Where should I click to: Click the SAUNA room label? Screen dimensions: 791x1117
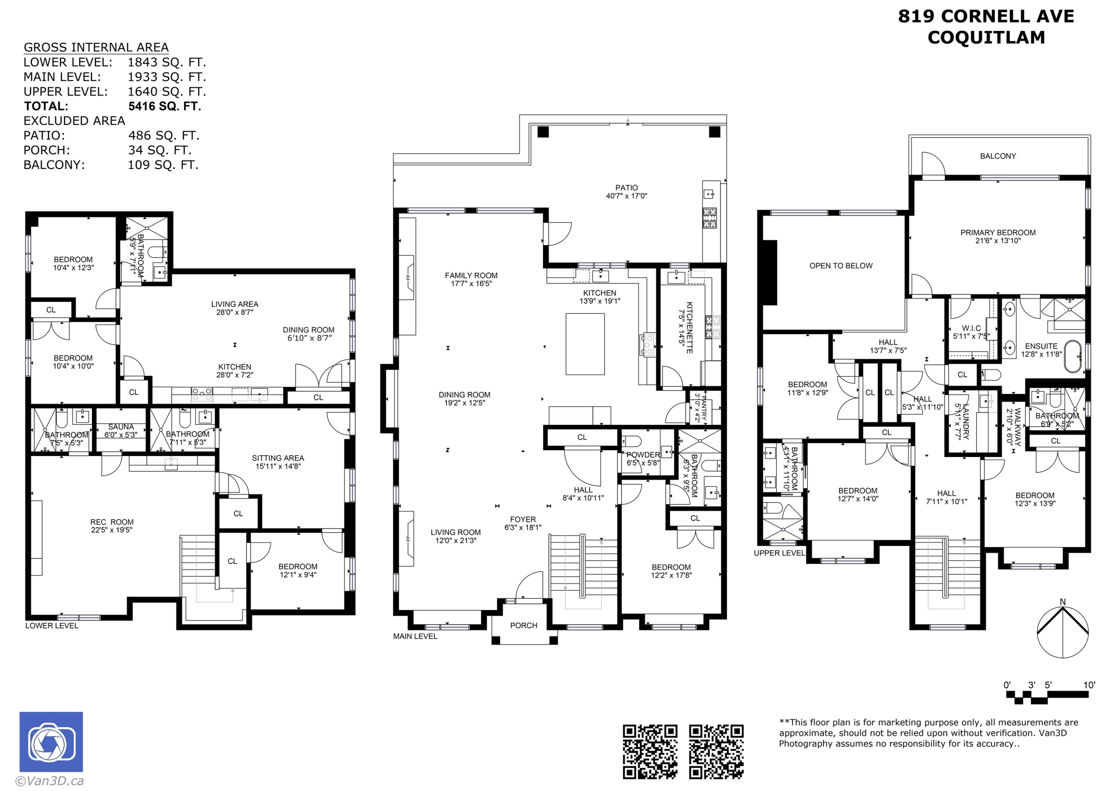[121, 427]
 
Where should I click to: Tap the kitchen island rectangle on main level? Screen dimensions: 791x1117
[585, 344]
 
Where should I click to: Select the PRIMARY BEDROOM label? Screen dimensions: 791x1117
[997, 233]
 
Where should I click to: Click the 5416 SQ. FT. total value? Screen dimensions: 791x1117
[165, 106]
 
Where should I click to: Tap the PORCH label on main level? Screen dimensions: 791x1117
[524, 625]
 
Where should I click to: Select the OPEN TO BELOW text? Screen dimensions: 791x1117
[841, 266]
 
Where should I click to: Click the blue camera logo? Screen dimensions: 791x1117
[51, 742]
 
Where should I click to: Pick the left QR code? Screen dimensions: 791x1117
[650, 752]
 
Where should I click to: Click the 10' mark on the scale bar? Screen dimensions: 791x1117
[1089, 685]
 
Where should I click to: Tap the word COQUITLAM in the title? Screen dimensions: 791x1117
[986, 38]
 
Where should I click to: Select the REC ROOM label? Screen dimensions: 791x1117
[112, 522]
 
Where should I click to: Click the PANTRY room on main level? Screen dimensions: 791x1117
[700, 408]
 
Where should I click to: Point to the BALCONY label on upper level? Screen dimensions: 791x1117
[997, 156]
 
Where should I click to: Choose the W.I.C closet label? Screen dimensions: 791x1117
[971, 328]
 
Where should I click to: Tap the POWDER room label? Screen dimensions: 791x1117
[643, 455]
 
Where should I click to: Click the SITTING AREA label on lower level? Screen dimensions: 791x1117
[278, 458]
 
